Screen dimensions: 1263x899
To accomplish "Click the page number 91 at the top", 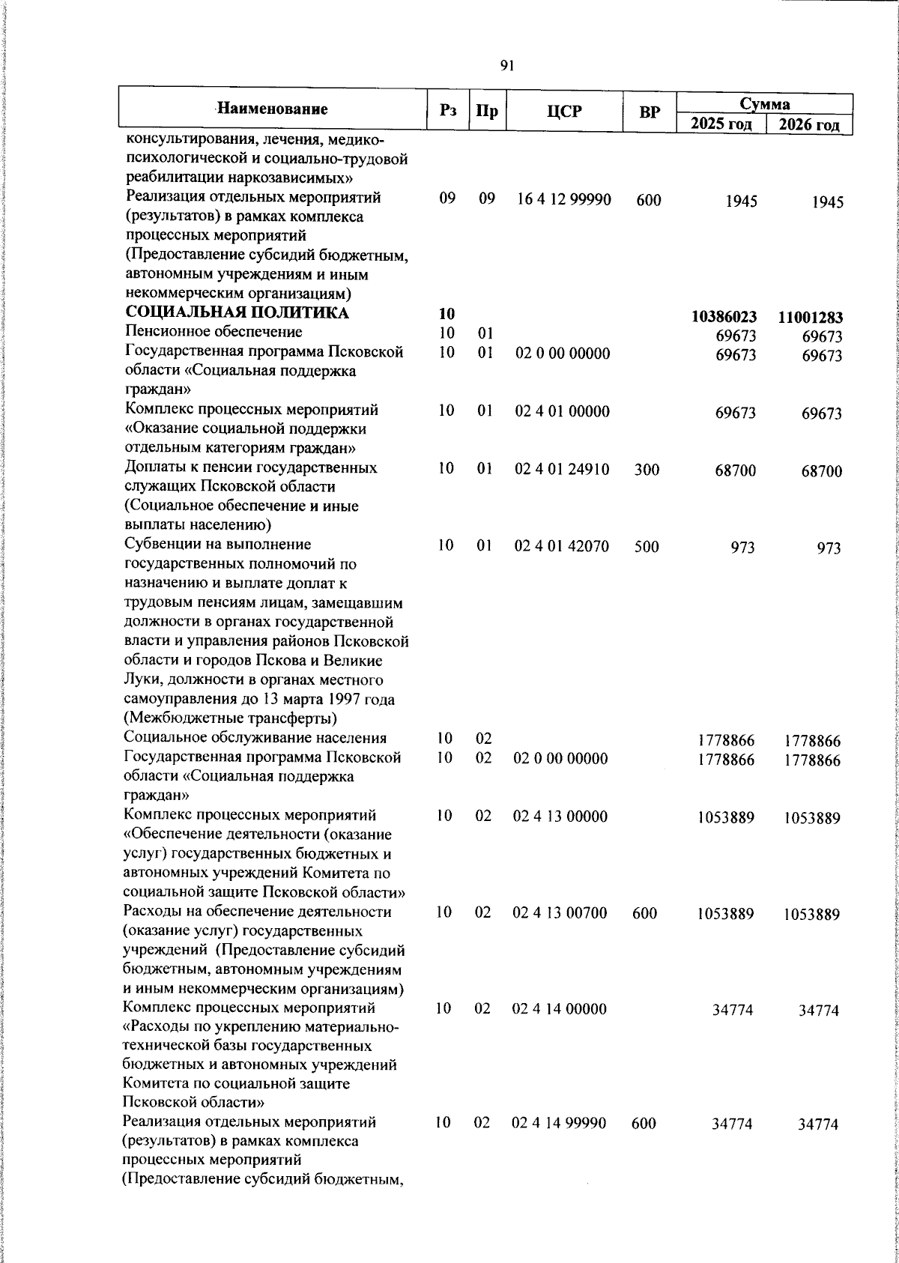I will (x=507, y=66).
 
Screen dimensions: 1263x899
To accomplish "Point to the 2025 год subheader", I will (x=721, y=123).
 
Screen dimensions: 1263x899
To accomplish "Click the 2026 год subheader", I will (x=809, y=124).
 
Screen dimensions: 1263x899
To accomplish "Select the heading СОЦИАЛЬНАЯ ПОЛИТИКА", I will (x=237, y=313).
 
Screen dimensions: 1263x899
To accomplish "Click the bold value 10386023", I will (x=724, y=317).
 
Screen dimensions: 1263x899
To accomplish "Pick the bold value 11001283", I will (x=810, y=318).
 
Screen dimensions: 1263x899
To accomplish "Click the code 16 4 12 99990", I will (x=564, y=200).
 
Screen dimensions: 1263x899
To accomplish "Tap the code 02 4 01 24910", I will (x=562, y=470).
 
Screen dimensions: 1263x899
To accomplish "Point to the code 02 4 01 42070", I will (x=562, y=546).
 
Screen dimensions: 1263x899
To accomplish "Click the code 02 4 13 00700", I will (x=560, y=912).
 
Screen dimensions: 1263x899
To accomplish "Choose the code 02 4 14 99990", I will (x=560, y=1123).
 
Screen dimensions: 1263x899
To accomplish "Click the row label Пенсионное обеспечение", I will (x=214, y=332).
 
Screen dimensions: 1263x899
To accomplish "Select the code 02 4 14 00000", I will (x=560, y=1009).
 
